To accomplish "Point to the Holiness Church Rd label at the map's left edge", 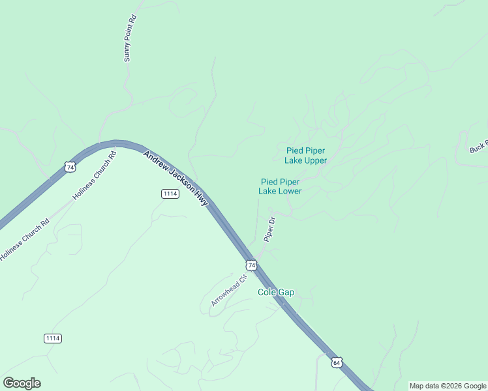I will point(24,239).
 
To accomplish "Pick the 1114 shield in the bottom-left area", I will point(53,338).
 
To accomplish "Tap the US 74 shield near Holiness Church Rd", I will point(70,167).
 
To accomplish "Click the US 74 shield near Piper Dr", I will point(251,265).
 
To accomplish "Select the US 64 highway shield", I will point(336,362).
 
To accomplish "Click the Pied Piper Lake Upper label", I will point(306,155).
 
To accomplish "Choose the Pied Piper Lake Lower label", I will point(280,186).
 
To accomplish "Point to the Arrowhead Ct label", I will point(229,291).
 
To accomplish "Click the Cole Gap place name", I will point(276,293).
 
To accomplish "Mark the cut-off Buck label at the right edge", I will point(478,149).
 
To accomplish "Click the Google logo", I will point(22,383).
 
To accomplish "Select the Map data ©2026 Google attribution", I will point(448,386).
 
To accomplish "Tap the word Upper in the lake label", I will point(315,160).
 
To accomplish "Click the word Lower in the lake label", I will point(290,191).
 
